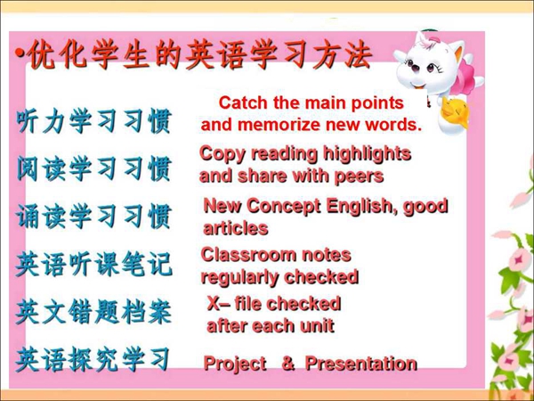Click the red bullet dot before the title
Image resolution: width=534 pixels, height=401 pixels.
(20, 53)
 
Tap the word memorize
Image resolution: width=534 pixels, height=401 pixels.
(279, 125)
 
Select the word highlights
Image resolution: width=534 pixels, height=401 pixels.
(367, 154)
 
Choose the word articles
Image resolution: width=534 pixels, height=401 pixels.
(236, 228)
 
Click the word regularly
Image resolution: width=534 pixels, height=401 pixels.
(240, 277)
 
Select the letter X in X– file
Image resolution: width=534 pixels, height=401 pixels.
(214, 303)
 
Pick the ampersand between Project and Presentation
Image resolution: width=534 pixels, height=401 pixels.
(288, 364)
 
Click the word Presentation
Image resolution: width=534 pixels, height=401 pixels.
(361, 364)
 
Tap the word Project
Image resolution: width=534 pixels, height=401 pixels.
(235, 364)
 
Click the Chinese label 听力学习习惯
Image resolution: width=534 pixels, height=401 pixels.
(93, 121)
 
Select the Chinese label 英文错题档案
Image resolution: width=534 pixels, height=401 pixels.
(93, 312)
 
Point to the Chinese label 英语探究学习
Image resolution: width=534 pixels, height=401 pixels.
(93, 359)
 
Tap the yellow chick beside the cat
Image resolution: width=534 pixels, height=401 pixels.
(456, 112)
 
